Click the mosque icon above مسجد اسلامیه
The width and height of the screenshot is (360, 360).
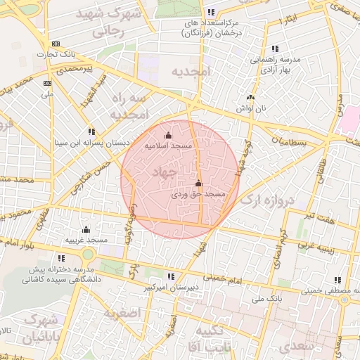coord(167,136)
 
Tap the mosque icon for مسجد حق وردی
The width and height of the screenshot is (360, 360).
coord(198,184)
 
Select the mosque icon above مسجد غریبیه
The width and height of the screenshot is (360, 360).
coord(86,229)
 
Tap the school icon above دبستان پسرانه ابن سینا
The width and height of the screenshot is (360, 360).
coord(91,131)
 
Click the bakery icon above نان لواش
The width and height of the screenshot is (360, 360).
coord(250,98)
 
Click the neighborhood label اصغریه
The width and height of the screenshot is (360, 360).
coord(122,311)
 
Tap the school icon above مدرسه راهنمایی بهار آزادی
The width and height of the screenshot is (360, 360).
coord(274,49)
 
